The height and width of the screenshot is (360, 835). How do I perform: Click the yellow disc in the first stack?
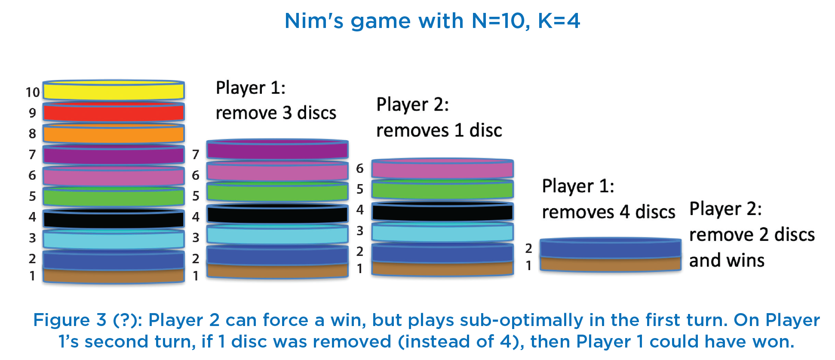click(x=114, y=90)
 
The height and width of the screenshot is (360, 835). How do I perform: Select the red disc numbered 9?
click(x=114, y=112)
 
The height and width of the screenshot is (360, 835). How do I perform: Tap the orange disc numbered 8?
click(x=114, y=133)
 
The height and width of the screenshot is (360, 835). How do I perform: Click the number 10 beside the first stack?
click(x=33, y=92)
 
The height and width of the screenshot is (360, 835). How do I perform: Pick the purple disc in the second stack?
click(x=277, y=149)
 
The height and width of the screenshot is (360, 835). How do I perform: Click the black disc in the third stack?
click(x=442, y=211)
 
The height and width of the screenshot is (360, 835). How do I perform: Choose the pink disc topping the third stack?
click(x=442, y=169)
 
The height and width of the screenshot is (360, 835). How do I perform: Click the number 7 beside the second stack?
click(x=196, y=154)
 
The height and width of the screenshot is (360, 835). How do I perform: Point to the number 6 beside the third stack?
click(x=360, y=169)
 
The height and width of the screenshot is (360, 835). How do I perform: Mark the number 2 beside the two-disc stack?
click(x=528, y=248)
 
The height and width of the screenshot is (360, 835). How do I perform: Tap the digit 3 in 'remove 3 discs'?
click(x=287, y=113)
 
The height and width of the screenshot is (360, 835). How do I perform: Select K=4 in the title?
click(x=559, y=21)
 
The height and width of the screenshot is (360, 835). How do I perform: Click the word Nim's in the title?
click(x=314, y=21)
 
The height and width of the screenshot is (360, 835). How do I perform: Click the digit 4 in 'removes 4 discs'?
click(x=625, y=212)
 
